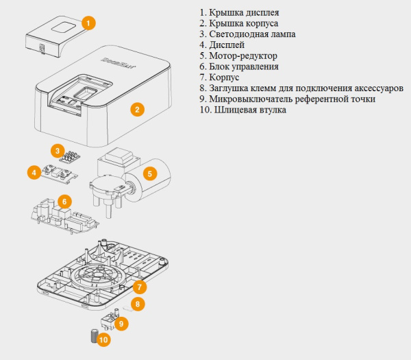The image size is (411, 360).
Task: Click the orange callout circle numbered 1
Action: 88,23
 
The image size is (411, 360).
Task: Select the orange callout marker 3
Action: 59,149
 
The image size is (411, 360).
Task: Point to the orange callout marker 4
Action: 33,171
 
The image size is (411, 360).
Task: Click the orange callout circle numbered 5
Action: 151,173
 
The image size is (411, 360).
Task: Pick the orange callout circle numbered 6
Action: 64,202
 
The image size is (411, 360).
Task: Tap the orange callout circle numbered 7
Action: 139,287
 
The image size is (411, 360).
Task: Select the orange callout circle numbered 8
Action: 137,304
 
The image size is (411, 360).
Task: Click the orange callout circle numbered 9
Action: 121,323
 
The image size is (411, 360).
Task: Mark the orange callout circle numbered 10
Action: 103,339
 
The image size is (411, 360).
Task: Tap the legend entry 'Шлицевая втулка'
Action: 251,110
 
